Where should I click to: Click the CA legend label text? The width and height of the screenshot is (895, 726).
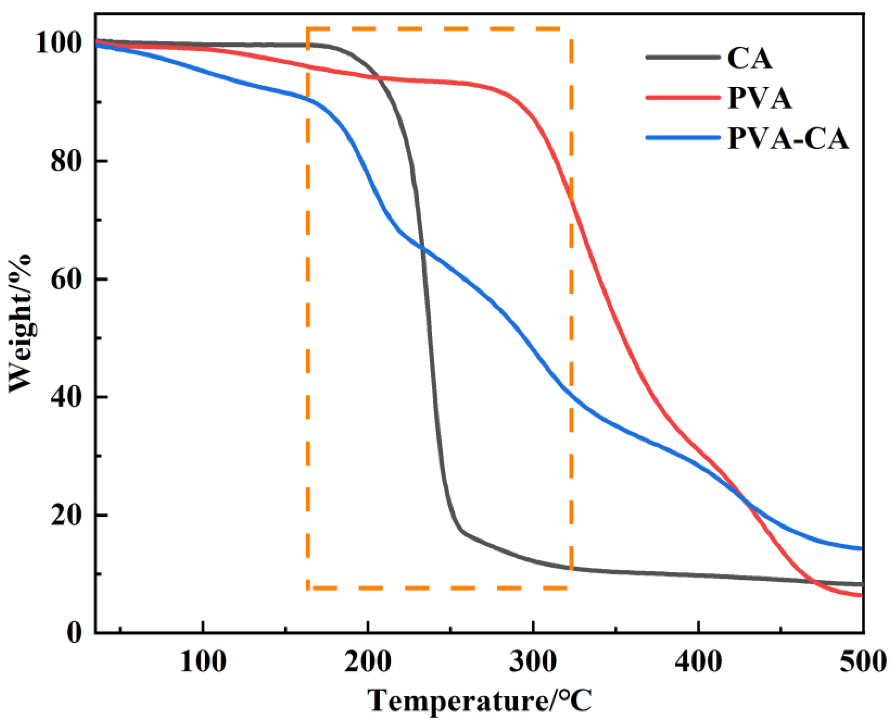[x=750, y=59]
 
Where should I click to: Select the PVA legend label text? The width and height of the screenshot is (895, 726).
[x=760, y=99]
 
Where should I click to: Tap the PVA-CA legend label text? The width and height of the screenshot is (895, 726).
[x=788, y=138]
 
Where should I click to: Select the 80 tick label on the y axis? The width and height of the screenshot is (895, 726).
[x=65, y=161]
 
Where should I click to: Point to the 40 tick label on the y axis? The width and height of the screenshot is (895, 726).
[x=65, y=397]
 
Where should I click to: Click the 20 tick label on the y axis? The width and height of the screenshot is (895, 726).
[x=65, y=515]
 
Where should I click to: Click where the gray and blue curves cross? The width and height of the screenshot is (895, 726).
[x=423, y=250]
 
